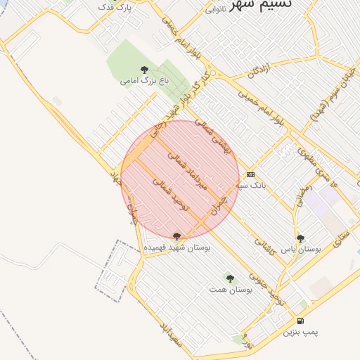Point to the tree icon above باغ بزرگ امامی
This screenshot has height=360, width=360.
click(x=144, y=70)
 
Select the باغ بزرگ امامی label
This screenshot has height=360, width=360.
click(x=145, y=81)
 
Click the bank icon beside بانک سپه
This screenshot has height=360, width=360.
click(x=250, y=175)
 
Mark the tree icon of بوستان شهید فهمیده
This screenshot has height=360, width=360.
click(x=176, y=236)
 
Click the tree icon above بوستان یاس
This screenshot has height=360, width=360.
click(x=300, y=238)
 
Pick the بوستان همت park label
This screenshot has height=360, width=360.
click(x=230, y=289)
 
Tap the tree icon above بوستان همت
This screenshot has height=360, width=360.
click(x=230, y=278)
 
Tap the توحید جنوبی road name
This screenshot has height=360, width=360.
click(x=271, y=289)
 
